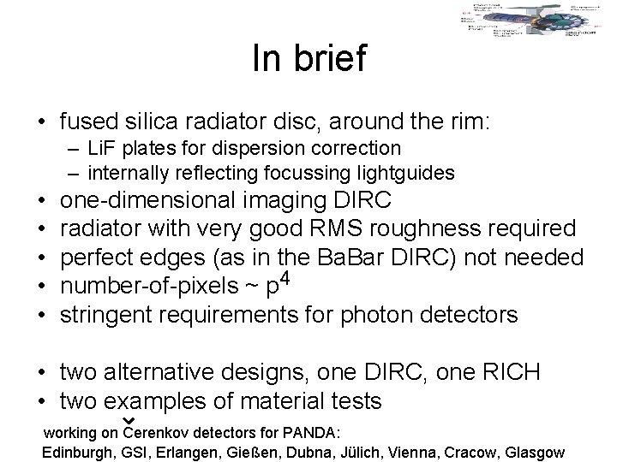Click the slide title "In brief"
click(x=309, y=58)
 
